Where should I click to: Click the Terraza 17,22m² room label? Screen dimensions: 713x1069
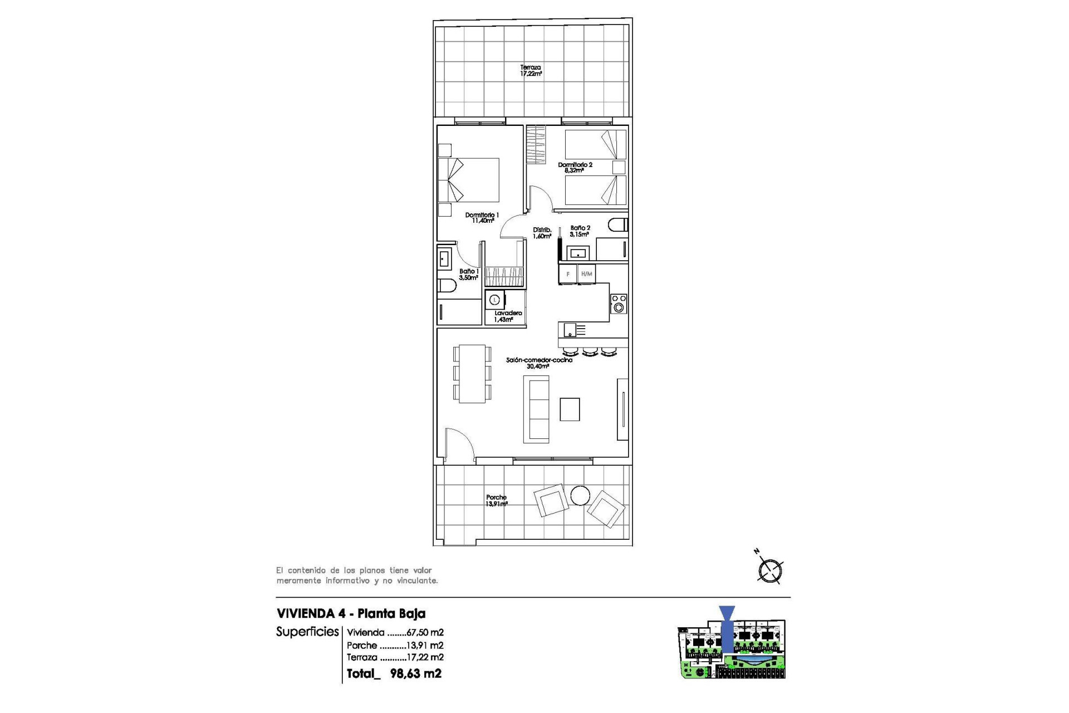coord(531,70)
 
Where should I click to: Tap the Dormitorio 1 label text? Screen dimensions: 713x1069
coord(482,217)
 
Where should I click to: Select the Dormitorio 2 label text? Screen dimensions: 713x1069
coord(575,167)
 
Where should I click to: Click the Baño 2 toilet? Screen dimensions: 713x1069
coord(619,225)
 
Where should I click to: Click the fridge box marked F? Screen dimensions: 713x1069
coord(568,274)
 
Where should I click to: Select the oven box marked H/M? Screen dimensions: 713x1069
coord(586,274)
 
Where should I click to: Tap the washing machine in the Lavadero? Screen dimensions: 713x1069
coord(494,300)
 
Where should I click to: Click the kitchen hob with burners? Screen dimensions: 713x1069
coord(619,304)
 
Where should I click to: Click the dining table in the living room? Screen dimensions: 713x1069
coord(472,373)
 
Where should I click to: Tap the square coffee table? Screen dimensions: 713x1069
coord(570,409)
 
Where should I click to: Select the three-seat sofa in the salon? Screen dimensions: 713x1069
coord(536,409)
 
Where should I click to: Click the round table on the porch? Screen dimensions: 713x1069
coord(580,495)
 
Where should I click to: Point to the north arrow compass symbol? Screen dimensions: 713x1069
coord(770,570)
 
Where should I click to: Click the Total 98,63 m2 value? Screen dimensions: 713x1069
coord(415,673)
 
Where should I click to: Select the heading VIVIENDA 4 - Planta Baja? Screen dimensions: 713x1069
coord(351,613)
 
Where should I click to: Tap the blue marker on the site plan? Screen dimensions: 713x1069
coord(727,629)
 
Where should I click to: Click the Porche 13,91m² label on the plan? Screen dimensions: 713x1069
coord(496,500)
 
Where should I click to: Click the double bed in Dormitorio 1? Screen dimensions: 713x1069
coord(469,180)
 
